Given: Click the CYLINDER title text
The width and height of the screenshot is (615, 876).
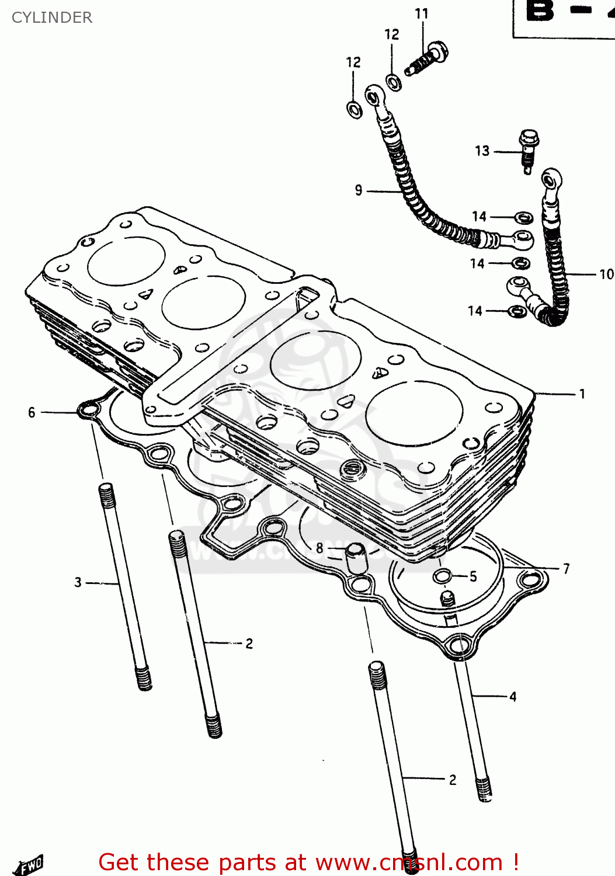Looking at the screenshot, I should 52,18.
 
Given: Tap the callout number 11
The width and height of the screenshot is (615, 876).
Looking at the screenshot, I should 422,13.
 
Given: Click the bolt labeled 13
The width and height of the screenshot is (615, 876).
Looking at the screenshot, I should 528,150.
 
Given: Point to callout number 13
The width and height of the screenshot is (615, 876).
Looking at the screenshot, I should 482,151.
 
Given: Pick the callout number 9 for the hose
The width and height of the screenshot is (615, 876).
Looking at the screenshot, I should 359,190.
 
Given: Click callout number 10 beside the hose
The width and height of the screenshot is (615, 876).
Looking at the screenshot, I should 606,274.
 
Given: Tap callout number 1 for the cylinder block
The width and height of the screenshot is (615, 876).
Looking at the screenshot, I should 582,394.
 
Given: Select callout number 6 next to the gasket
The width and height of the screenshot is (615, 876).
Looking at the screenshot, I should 32,412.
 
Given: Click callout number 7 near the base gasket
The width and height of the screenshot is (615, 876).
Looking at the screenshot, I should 566,568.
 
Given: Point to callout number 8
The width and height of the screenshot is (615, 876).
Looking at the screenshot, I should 319,548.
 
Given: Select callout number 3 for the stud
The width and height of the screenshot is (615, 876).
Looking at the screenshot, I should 78,582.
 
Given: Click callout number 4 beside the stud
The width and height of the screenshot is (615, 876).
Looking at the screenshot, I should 513,696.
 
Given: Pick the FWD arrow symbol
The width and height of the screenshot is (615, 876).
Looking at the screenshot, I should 29,864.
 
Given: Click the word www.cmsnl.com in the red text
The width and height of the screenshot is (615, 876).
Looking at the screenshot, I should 409,862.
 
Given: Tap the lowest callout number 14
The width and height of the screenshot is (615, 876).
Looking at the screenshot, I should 475,311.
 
